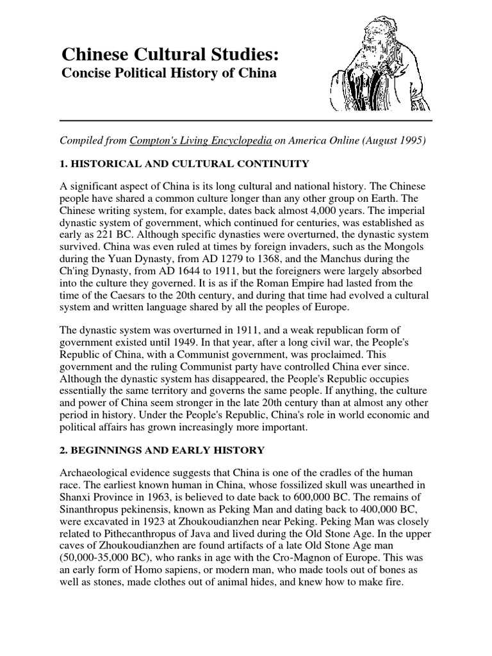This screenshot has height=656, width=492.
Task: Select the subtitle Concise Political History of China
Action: pos(168,74)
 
